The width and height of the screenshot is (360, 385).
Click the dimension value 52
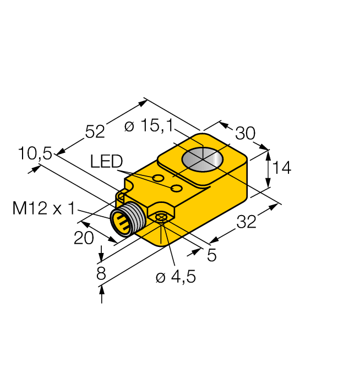tap(95, 131)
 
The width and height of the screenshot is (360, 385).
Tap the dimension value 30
tap(246, 134)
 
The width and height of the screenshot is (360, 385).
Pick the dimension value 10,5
tap(34, 154)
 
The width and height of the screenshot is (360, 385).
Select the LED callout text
tap(106, 161)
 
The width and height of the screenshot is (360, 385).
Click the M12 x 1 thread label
tap(43, 208)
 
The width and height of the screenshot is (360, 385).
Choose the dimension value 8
tap(101, 273)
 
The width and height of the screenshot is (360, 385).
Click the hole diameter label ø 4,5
tap(176, 277)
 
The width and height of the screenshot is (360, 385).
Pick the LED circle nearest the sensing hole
tap(177, 189)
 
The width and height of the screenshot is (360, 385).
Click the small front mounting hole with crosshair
tap(161, 218)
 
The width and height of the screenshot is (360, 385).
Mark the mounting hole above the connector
tap(122, 195)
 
